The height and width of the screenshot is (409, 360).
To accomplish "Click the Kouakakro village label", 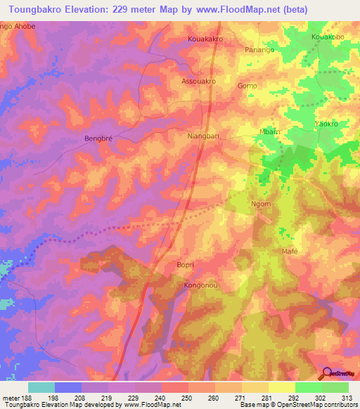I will [205, 39].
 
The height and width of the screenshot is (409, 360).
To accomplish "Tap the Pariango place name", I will [259, 50].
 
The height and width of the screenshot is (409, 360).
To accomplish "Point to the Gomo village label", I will [247, 86].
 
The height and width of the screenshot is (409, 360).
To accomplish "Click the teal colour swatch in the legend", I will [41, 387].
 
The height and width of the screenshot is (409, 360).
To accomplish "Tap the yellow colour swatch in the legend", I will [281, 387].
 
